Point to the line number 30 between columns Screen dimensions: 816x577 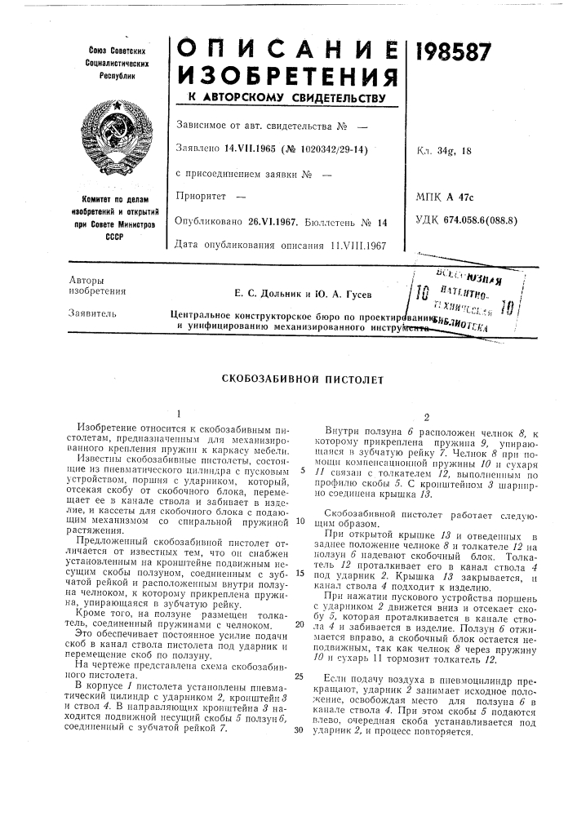300,729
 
